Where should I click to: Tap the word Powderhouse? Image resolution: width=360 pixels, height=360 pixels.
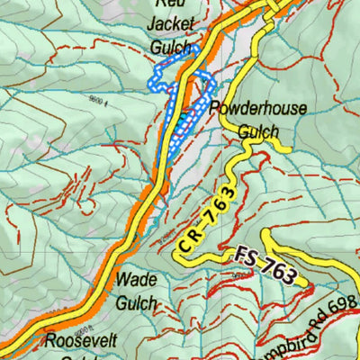click(x=258, y=109)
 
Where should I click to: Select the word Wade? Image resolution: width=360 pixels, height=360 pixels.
click(x=135, y=280)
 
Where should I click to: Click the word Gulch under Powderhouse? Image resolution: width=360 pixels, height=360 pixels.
click(x=258, y=131)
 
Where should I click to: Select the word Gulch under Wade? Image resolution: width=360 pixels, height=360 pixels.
click(x=136, y=302)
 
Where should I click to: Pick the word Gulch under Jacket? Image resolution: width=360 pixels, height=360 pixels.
click(x=171, y=47)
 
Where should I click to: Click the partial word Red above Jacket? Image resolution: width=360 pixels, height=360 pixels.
click(x=169, y=4)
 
